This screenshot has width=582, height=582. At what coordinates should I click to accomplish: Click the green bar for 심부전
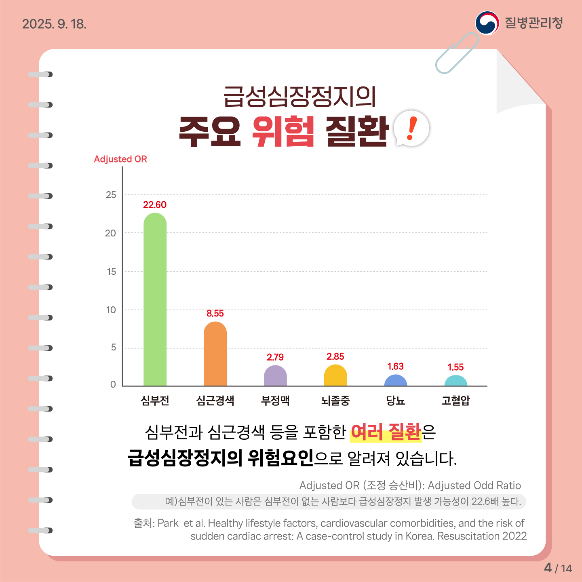pyautogui.click(x=155, y=299)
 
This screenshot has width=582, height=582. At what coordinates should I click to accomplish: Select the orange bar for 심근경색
pyautogui.click(x=215, y=354)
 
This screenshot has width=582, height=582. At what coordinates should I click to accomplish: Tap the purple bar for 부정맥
pyautogui.click(x=275, y=376)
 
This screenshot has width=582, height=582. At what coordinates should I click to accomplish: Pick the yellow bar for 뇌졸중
pyautogui.click(x=335, y=375)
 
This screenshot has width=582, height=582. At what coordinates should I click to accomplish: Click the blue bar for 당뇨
pyautogui.click(x=395, y=381)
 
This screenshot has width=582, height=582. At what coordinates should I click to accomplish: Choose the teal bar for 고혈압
pyautogui.click(x=455, y=381)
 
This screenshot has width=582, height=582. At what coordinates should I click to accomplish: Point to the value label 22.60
pyautogui.click(x=155, y=205)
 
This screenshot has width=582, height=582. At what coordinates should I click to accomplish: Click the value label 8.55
pyautogui.click(x=215, y=314)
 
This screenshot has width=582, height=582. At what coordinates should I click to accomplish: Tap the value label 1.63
pyautogui.click(x=395, y=367)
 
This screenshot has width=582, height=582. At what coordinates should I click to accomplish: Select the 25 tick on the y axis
pyautogui.click(x=111, y=195)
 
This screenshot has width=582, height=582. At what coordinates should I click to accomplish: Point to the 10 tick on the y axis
pyautogui.click(x=111, y=310)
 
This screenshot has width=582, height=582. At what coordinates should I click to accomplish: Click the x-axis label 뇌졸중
pyautogui.click(x=335, y=401)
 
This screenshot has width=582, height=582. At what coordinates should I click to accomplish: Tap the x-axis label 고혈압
pyautogui.click(x=455, y=401)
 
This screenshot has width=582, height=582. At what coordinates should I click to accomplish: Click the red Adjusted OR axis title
pyautogui.click(x=120, y=159)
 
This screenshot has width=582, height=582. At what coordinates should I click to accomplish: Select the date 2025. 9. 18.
pyautogui.click(x=54, y=24)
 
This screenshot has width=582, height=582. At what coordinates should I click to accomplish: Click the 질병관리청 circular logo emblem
pyautogui.click(x=487, y=23)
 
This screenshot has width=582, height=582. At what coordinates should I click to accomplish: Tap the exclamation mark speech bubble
pyautogui.click(x=411, y=129)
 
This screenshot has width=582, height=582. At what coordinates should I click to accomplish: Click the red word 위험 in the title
pyautogui.click(x=283, y=131)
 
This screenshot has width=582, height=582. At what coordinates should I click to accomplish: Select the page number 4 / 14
pyautogui.click(x=558, y=568)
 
